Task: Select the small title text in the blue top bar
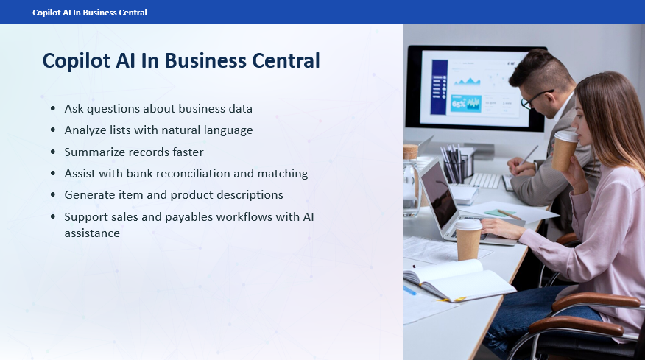coord(89,13)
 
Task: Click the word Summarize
coord(94,152)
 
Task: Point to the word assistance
coord(92,233)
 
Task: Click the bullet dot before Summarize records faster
coord(53,152)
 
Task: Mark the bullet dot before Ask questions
coord(53,109)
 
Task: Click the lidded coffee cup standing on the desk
coord(468,239)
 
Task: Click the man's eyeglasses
coord(535,99)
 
